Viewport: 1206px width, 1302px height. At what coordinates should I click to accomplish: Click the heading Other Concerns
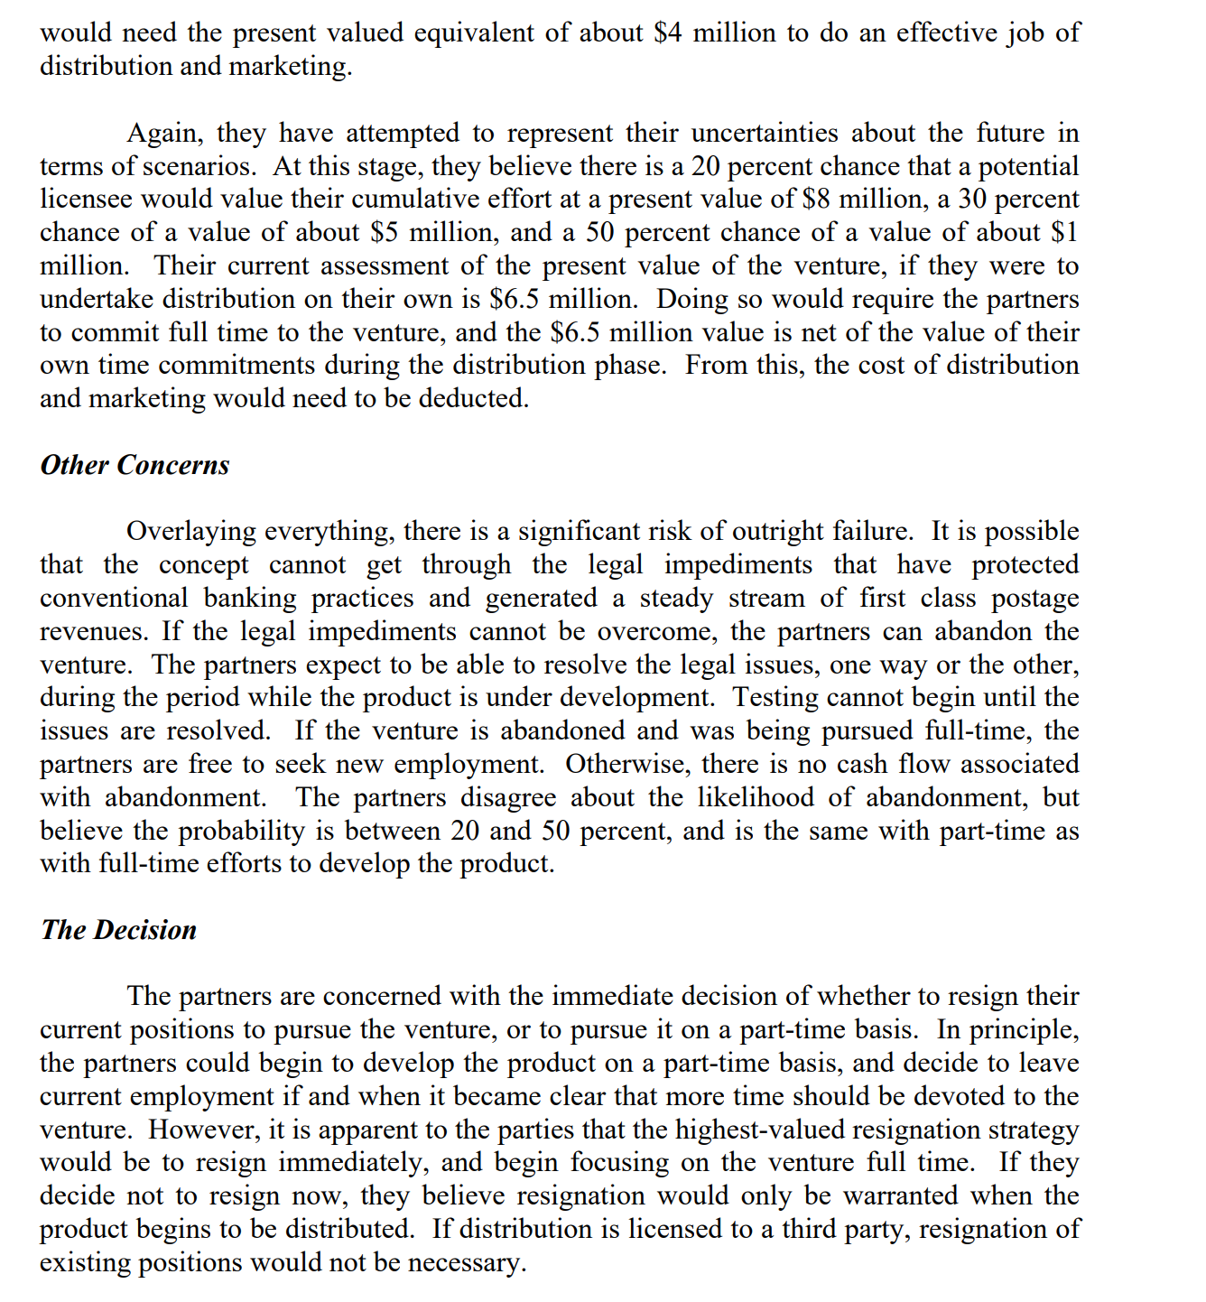[135, 465]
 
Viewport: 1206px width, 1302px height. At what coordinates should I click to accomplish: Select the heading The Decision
[118, 930]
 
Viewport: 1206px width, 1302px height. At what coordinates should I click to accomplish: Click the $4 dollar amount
[669, 33]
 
